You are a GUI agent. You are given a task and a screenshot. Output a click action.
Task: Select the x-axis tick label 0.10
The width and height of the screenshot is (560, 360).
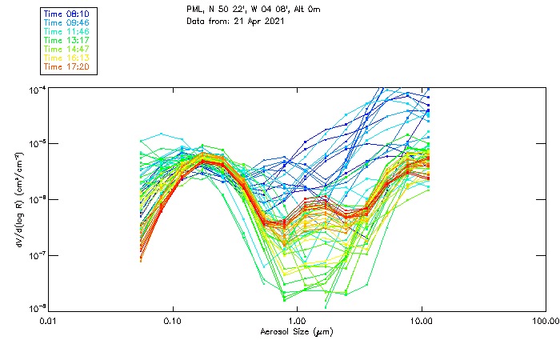pos(173,320)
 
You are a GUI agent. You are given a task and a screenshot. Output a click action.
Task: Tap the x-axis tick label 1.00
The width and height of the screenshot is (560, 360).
pos(298,320)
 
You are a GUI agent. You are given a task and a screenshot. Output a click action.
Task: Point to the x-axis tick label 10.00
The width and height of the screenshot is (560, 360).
pos(422,320)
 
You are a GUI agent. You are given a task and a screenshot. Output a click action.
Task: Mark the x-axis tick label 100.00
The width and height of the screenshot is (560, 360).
pos(544,320)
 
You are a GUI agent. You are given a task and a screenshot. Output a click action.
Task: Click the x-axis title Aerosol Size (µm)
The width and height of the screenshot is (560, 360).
pos(296,331)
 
